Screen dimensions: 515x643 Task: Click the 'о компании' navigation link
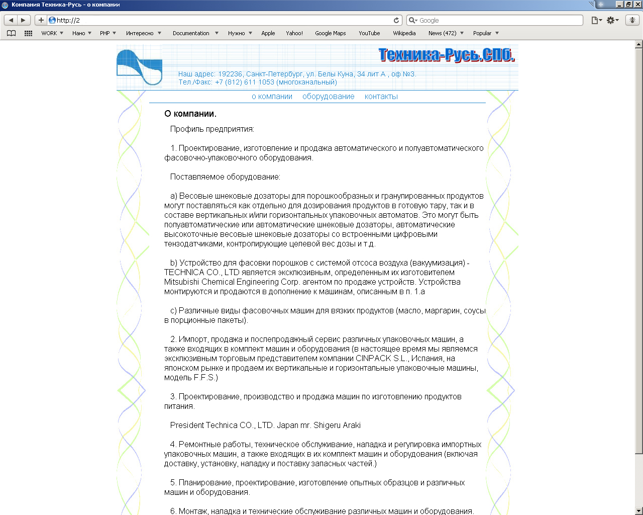click(272, 97)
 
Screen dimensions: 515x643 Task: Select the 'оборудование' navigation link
click(328, 97)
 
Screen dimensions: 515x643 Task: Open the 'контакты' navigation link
click(381, 97)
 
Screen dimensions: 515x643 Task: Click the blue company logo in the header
click(139, 67)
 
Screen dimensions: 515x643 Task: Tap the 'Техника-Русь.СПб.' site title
click(446, 55)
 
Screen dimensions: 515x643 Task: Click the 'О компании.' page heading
click(190, 114)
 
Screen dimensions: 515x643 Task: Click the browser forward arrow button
click(23, 20)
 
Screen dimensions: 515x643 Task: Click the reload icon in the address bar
click(396, 20)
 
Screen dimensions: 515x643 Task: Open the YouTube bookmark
click(369, 33)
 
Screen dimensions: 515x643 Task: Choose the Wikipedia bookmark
click(404, 33)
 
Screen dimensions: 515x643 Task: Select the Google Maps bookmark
click(330, 33)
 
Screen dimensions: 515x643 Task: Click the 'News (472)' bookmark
click(442, 33)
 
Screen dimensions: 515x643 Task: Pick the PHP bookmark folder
click(104, 33)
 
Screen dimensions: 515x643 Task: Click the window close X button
click(638, 5)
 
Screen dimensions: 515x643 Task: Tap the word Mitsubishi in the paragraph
click(179, 282)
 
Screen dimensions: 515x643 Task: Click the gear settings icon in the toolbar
click(610, 20)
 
